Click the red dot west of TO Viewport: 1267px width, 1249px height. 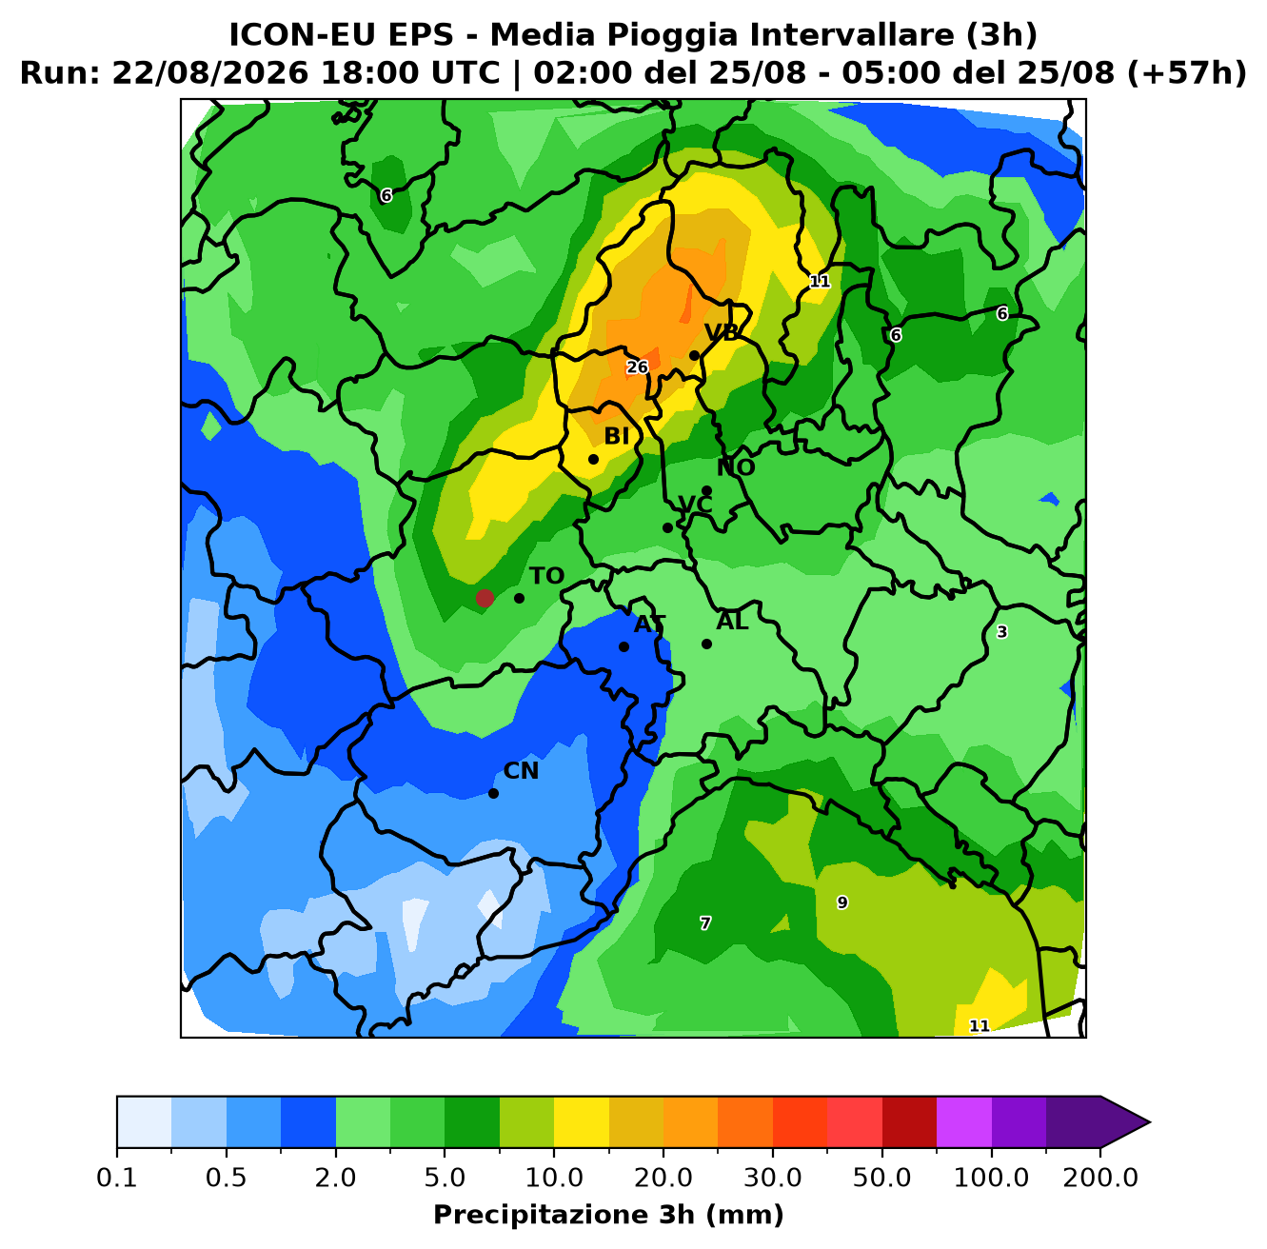pos(485,598)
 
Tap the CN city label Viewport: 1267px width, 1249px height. pos(521,771)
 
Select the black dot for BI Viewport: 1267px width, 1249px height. pos(593,459)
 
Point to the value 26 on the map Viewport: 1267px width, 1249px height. pos(637,367)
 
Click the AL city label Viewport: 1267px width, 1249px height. pos(732,621)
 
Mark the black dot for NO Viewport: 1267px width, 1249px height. pos(707,490)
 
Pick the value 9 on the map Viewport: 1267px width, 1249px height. pos(842,902)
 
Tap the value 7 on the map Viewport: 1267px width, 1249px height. pos(705,923)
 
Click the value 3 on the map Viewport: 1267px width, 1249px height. pos(1002,632)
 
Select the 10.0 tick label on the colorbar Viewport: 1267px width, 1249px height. pos(554,1178)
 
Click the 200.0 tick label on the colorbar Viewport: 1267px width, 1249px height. pos(1100,1178)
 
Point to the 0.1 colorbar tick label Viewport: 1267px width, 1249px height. pos(117,1178)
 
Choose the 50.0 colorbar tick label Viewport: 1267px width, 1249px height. pos(882,1178)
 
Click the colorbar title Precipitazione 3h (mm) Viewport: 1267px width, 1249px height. pos(609,1214)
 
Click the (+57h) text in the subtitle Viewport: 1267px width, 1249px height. pos(1187,72)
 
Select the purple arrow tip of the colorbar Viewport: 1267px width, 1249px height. pos(1149,1122)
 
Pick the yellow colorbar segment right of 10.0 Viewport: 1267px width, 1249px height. pos(582,1122)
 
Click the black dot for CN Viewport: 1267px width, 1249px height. pos(493,793)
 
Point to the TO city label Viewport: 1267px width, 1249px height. pos(547,576)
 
